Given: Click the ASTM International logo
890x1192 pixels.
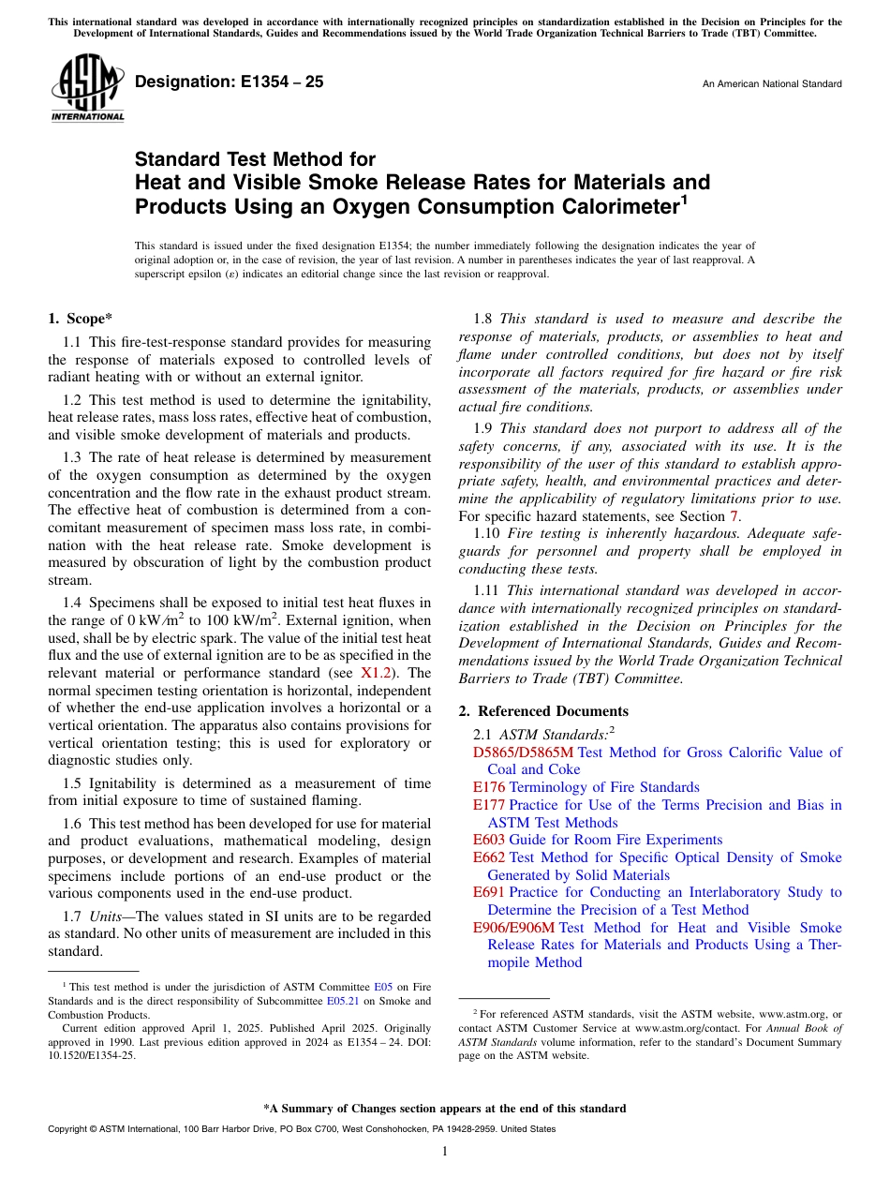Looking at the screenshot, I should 87,89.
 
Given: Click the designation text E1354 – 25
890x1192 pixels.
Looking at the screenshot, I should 230,82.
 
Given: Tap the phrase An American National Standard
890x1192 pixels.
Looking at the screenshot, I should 771,84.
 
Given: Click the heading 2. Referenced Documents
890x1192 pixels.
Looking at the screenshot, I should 543,711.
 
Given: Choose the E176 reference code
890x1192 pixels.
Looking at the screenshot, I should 489,787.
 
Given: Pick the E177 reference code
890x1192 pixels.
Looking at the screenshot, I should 489,805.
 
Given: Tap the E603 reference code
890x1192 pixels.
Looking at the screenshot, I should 489,840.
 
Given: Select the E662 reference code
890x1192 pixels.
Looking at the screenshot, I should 489,857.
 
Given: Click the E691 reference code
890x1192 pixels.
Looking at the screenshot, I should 489,892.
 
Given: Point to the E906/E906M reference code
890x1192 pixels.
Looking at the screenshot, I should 513,928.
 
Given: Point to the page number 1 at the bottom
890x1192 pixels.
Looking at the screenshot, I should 445,1152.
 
